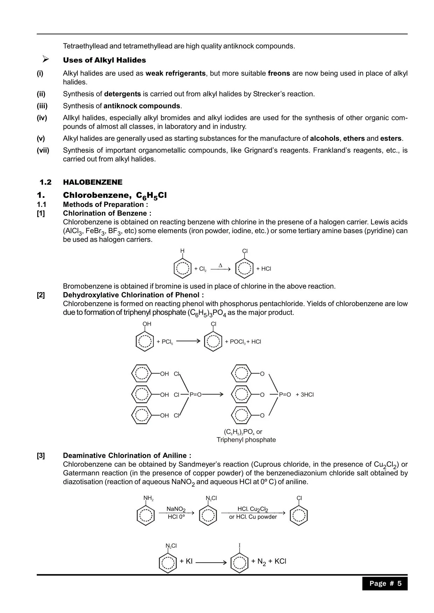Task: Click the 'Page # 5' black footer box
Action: pyautogui.click(x=385, y=583)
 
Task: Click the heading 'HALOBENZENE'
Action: pyautogui.click(x=93, y=182)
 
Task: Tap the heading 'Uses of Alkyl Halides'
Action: pyautogui.click(x=104, y=60)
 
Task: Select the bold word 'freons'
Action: pyautogui.click(x=279, y=73)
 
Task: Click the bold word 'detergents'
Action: pyautogui.click(x=122, y=94)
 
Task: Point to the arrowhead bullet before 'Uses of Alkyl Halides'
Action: pyautogui.click(x=45, y=59)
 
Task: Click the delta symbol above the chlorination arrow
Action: pyautogui.click(x=220, y=265)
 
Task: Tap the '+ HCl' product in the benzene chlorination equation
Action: pyautogui.click(x=264, y=269)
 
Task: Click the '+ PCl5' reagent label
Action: pyautogui.click(x=165, y=342)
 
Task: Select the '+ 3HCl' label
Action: pyautogui.click(x=304, y=395)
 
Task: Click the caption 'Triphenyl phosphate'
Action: pyautogui.click(x=246, y=440)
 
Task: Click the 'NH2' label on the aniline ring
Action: pyautogui.click(x=148, y=498)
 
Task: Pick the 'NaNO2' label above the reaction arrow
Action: pyautogui.click(x=176, y=509)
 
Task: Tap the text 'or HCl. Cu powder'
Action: pyautogui.click(x=253, y=517)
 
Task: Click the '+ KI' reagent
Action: pyautogui.click(x=186, y=561)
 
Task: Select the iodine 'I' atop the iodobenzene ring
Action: pyautogui.click(x=239, y=546)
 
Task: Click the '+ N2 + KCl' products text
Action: pyautogui.click(x=268, y=562)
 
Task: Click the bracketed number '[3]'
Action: pyautogui.click(x=41, y=455)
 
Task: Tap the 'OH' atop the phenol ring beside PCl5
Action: pyautogui.click(x=147, y=324)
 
